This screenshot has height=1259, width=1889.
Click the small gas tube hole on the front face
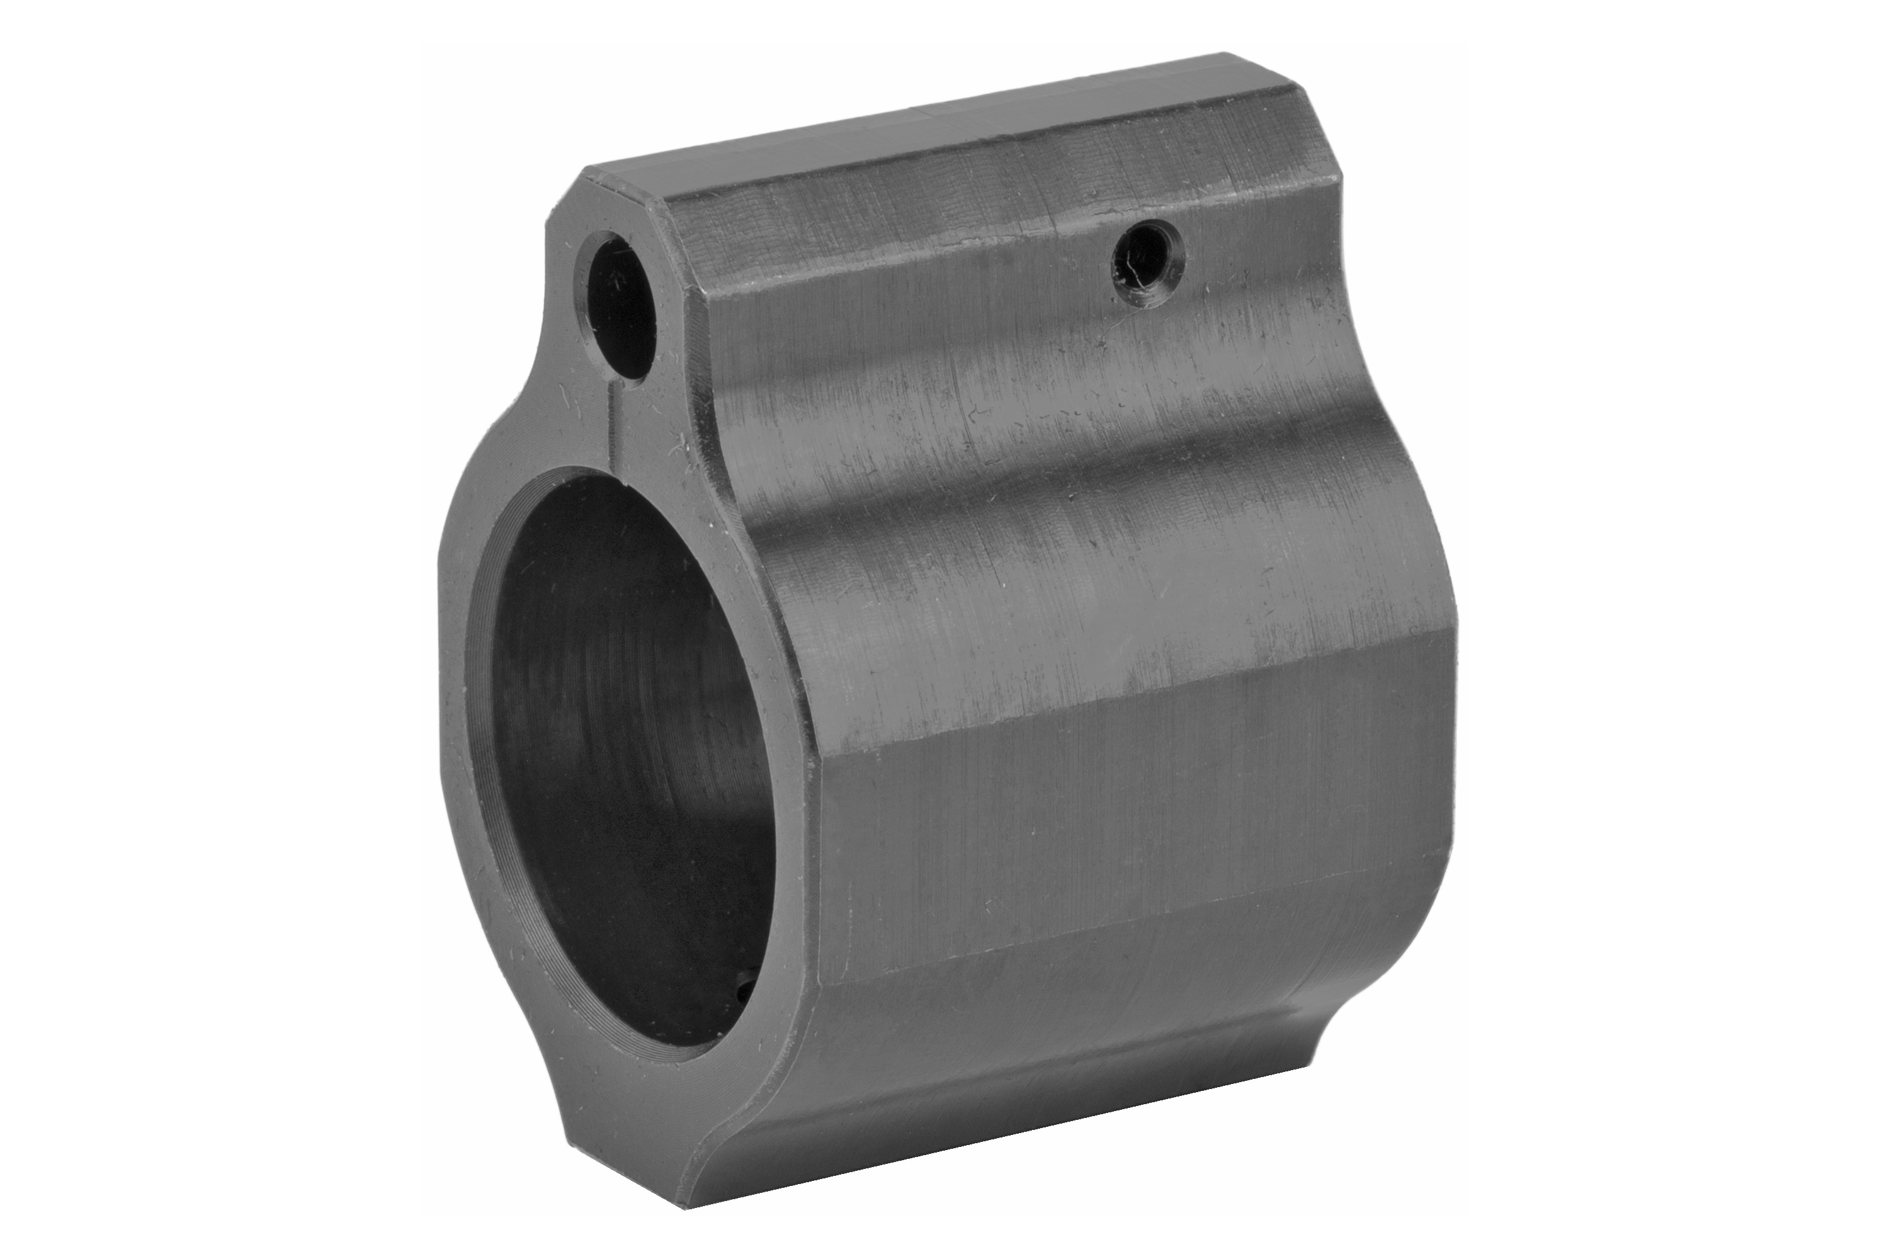pos(621,305)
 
